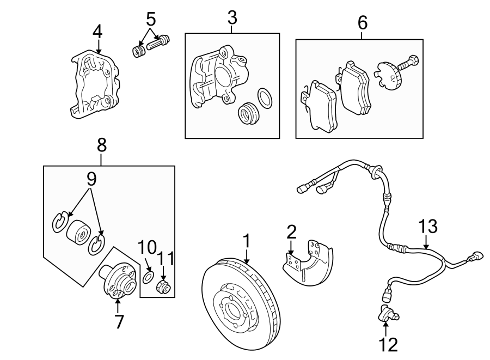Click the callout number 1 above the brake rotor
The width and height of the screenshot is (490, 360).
[x=246, y=241]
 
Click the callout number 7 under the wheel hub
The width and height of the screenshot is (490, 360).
[x=119, y=321]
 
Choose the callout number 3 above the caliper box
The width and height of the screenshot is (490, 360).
[x=232, y=17]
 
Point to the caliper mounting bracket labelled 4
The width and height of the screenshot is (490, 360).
[x=94, y=87]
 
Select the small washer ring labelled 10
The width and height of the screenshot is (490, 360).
[x=148, y=277]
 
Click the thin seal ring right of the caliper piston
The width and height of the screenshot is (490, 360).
[x=265, y=97]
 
